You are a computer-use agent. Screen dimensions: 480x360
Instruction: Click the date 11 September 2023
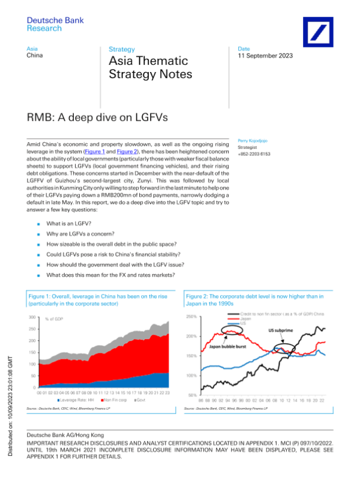[x=265, y=56]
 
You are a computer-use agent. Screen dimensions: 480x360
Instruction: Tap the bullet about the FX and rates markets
[x=110, y=275]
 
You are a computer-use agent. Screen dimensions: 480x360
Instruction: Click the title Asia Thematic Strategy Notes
[x=150, y=67]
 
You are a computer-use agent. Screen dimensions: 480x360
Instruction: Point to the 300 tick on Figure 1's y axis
[x=32, y=317]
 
